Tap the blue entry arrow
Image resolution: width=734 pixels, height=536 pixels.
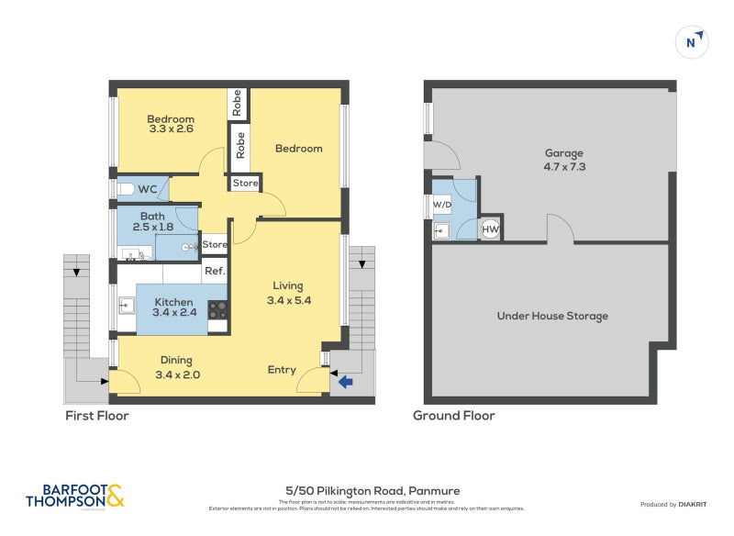click(346, 382)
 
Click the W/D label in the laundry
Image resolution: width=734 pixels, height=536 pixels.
click(441, 204)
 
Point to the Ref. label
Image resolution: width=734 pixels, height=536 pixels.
click(215, 271)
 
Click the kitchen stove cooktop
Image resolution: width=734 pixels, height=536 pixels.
click(218, 310)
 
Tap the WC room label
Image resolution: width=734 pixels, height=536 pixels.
click(149, 189)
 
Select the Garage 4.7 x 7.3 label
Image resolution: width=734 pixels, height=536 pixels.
click(563, 160)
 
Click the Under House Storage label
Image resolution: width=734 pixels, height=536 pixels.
click(551, 316)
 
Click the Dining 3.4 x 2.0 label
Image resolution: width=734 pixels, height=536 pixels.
click(177, 367)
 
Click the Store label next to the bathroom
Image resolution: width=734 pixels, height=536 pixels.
click(215, 245)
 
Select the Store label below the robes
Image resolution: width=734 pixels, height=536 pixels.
click(245, 184)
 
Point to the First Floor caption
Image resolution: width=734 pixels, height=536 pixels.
click(96, 416)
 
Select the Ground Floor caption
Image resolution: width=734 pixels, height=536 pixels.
click(453, 416)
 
